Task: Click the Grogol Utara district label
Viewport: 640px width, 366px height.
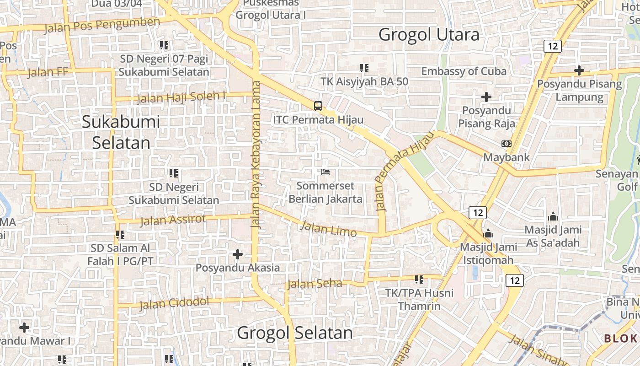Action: coord(429,35)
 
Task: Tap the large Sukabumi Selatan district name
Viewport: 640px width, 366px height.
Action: coord(121,132)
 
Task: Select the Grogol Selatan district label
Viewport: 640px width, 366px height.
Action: coord(295,333)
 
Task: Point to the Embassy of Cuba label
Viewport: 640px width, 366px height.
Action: coord(464,71)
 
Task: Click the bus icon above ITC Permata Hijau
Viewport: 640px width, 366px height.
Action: coord(318,106)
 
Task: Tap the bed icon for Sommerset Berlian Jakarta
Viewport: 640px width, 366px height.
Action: coord(325,172)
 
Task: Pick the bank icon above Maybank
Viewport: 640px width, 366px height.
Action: coord(506,144)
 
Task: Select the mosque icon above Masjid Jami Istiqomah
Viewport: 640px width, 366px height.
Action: coord(488,233)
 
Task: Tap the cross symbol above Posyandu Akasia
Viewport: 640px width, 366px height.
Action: coord(238,254)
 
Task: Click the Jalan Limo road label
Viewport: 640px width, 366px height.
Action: coord(329,229)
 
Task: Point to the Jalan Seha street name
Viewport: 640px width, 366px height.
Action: coord(314,284)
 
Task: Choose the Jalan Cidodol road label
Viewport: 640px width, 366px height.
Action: coord(174,303)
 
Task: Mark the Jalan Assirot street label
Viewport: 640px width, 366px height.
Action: coord(173,220)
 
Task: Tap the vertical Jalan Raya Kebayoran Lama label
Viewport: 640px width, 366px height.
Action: coord(256,154)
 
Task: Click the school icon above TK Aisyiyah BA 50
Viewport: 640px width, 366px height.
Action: coord(364,68)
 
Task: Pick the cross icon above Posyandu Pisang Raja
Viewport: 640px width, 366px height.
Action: coord(486,97)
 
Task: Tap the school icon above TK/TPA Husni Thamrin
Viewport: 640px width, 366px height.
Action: coord(419,279)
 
